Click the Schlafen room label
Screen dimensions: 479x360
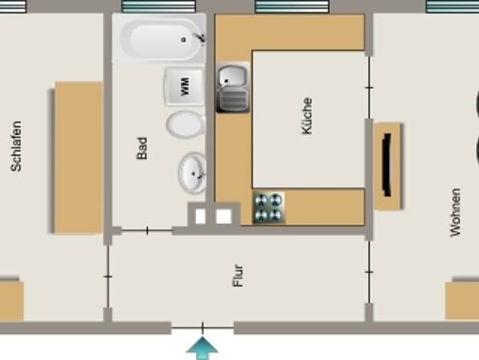[x=17, y=146]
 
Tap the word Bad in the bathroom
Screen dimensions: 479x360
[x=142, y=149]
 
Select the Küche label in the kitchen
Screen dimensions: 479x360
[x=307, y=116]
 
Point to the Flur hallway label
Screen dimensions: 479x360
[x=238, y=275]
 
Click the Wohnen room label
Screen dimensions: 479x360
[x=455, y=213]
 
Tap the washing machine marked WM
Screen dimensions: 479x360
[x=184, y=87]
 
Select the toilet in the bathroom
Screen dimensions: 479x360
[x=186, y=124]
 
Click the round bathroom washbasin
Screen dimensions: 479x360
[x=193, y=173]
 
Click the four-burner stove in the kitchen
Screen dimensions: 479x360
[x=269, y=208]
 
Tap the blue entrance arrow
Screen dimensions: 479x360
[x=202, y=348]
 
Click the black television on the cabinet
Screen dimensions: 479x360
[x=387, y=165]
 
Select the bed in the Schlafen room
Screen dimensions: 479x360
[x=76, y=157]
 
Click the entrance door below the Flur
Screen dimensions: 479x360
[x=203, y=328]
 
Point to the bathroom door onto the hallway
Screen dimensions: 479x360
[x=147, y=231]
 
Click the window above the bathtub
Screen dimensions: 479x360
[x=158, y=6]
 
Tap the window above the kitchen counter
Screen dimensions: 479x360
[x=292, y=6]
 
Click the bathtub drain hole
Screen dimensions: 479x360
[x=184, y=40]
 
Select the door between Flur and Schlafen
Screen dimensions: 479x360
[x=108, y=277]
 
